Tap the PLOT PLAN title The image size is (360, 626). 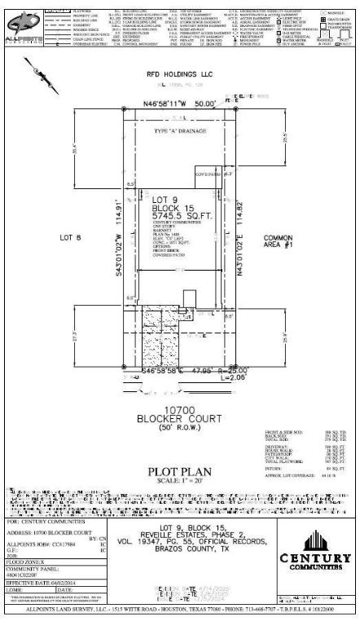[179, 471]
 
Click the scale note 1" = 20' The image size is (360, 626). [179, 480]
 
